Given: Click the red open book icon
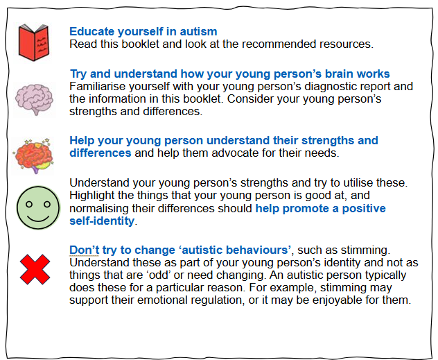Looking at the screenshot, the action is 34,42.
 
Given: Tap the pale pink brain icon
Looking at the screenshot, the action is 34,99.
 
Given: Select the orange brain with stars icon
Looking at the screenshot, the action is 33,155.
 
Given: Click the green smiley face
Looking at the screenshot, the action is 38,207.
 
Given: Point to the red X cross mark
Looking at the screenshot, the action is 35,269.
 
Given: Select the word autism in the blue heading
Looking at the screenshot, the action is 198,31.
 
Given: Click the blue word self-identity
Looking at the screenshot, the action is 102,221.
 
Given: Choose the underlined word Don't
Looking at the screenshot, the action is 84,250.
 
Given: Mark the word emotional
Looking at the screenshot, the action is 161,300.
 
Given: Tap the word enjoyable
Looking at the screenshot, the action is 337,300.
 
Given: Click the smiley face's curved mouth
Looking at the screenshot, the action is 38,218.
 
